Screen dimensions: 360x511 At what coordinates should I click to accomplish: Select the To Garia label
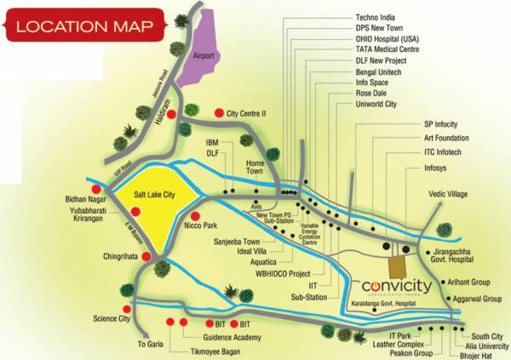[x=149, y=345]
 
